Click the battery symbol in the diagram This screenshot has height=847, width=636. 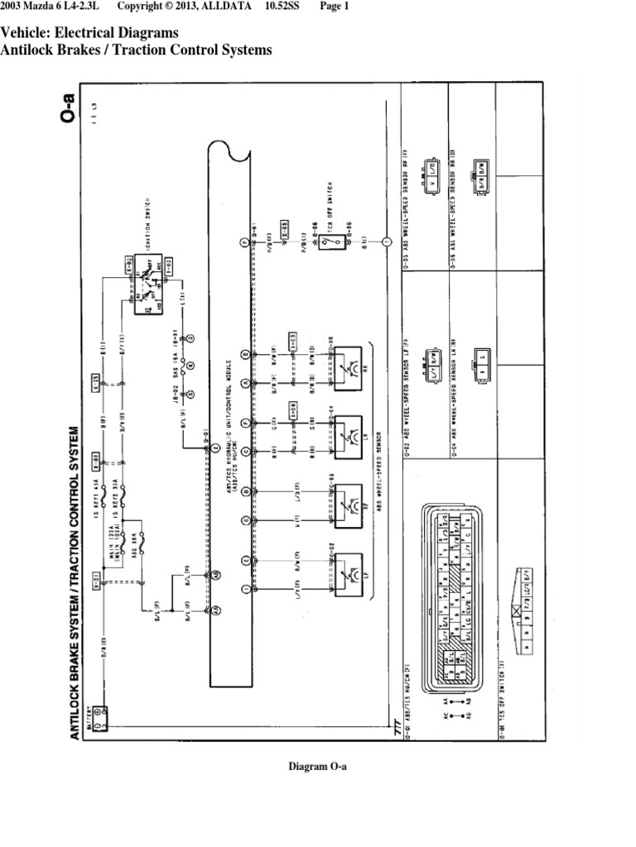click(99, 713)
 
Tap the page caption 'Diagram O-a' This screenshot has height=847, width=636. click(317, 767)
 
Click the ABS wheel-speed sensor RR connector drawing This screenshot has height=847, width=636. click(480, 175)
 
